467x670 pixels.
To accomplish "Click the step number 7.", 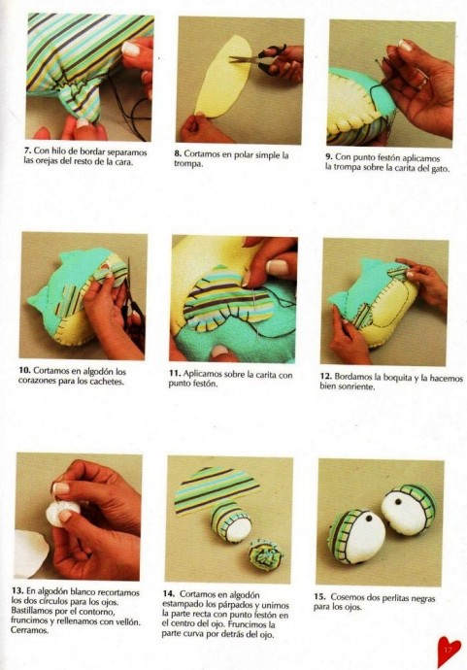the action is pyautogui.click(x=27, y=151).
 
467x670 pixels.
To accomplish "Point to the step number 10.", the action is pyautogui.click(x=24, y=371).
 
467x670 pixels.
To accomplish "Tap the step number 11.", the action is pyautogui.click(x=175, y=374).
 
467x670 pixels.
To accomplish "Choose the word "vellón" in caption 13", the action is pyautogui.click(x=126, y=621).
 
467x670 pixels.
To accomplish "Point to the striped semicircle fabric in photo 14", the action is pyautogui.click(x=217, y=489).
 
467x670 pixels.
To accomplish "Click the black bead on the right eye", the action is pyautogui.click(x=398, y=501).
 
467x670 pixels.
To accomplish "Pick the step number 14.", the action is pyautogui.click(x=168, y=594).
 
